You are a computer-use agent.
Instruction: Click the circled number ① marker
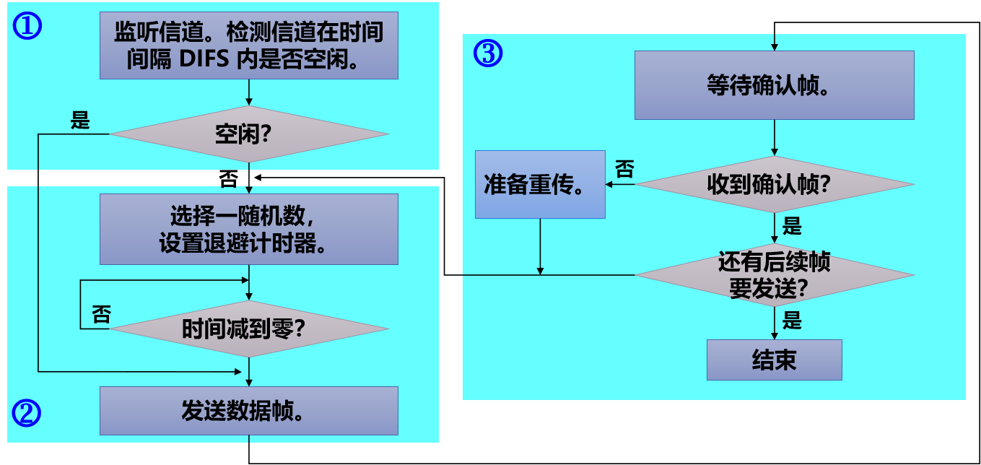[x=28, y=27]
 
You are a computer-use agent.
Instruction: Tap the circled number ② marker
[x=27, y=412]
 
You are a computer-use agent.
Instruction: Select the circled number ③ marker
[x=488, y=53]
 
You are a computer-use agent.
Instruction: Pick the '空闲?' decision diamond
[x=248, y=134]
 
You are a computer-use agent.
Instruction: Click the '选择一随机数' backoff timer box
[x=248, y=229]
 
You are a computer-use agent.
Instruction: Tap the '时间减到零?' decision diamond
[x=248, y=329]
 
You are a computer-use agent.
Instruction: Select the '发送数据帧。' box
[x=248, y=411]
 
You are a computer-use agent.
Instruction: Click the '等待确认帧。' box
[x=774, y=85]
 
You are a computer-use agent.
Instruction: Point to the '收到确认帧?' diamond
[x=774, y=184]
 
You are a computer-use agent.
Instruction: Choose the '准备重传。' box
[x=539, y=184]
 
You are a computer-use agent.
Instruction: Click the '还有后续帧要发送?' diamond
[x=774, y=274]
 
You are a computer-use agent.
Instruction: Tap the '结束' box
[x=774, y=360]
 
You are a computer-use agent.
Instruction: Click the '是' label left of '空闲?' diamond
[x=80, y=121]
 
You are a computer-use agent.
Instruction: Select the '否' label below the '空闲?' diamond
[x=228, y=180]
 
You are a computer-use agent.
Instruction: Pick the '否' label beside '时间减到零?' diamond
[x=102, y=314]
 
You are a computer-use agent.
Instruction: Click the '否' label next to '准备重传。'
[x=624, y=169]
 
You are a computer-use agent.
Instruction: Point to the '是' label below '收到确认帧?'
[x=792, y=226]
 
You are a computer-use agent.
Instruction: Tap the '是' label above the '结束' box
[x=792, y=321]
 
